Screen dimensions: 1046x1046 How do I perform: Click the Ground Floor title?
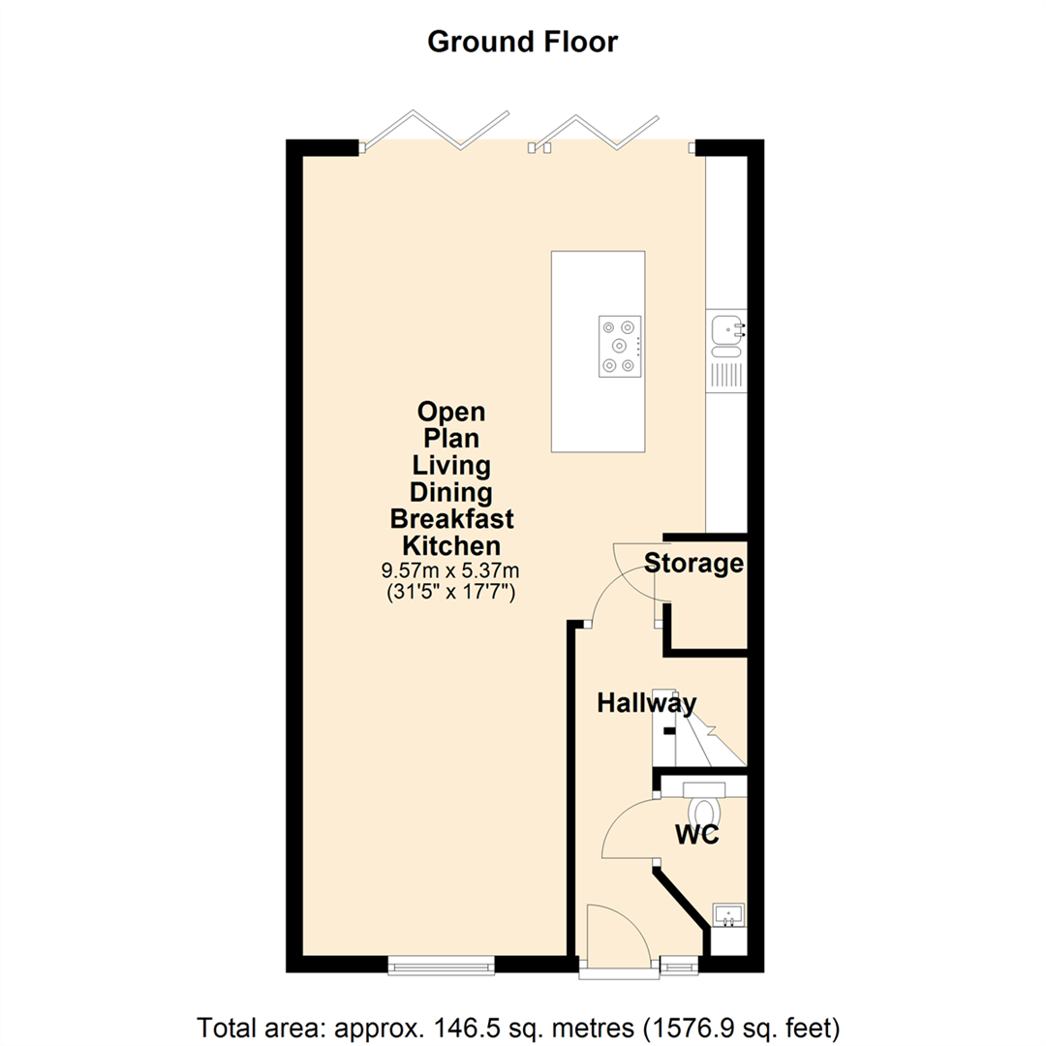pos(522,42)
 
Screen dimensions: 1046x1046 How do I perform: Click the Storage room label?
pos(694,563)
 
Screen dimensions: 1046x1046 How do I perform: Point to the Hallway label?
pos(646,703)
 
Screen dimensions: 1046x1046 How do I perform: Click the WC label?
pos(697,835)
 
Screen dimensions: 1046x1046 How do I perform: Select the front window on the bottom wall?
pos(441,964)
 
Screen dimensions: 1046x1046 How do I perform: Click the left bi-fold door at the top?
pos(436,131)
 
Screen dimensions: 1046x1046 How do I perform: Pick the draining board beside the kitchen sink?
pos(726,373)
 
